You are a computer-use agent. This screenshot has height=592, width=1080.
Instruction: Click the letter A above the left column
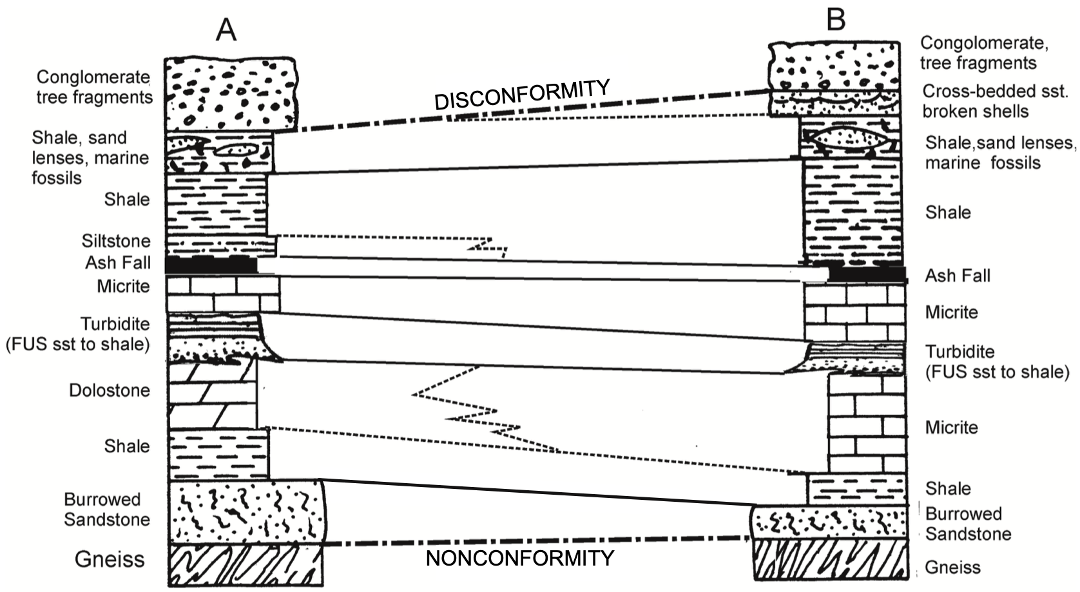click(x=226, y=30)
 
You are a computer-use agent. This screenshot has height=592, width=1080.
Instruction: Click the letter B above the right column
click(x=836, y=19)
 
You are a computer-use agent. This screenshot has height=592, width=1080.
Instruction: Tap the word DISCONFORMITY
click(x=522, y=95)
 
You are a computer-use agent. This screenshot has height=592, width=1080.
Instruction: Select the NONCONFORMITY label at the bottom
click(x=520, y=558)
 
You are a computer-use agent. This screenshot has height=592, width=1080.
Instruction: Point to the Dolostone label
click(x=110, y=390)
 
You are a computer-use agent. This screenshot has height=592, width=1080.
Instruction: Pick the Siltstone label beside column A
click(x=116, y=241)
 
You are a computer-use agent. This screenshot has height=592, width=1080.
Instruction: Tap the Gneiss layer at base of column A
click(x=245, y=564)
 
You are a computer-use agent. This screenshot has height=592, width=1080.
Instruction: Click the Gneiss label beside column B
click(x=952, y=568)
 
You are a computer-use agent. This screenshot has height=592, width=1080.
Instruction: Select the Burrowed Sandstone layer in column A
click(x=245, y=511)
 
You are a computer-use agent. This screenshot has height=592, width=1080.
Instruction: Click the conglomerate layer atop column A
click(x=231, y=93)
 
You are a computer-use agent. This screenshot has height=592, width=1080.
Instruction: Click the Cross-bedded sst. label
click(x=994, y=91)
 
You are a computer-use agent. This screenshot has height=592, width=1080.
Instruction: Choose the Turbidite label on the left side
click(x=115, y=324)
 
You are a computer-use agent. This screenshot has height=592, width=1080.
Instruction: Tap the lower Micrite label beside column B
click(x=951, y=427)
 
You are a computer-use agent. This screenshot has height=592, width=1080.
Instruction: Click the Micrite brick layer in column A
click(x=223, y=294)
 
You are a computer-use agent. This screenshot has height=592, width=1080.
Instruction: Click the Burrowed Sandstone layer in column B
click(x=831, y=522)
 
